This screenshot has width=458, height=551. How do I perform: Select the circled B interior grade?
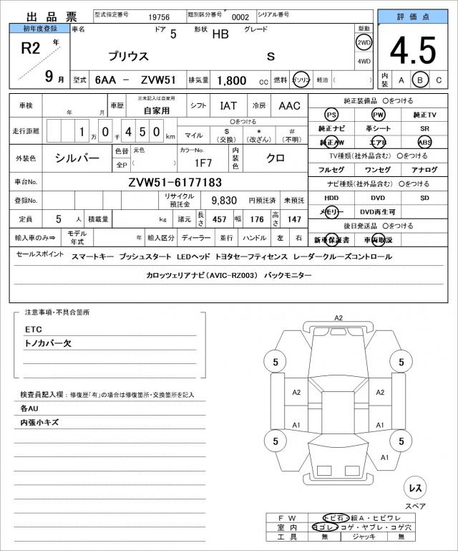(x=421, y=80)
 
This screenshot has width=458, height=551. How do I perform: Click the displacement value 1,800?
(x=231, y=81)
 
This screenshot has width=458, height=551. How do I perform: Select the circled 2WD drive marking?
(x=364, y=42)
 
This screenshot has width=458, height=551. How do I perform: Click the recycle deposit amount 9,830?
(x=224, y=200)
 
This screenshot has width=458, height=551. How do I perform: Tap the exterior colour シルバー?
(x=77, y=158)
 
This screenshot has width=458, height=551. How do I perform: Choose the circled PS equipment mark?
(x=331, y=115)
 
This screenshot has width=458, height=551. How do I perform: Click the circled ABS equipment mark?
(x=425, y=143)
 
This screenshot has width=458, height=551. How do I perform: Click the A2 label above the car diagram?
(x=338, y=317)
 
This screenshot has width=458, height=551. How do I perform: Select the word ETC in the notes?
(x=34, y=330)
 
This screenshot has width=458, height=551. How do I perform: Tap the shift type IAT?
(x=228, y=105)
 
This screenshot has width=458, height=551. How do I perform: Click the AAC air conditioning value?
(x=289, y=105)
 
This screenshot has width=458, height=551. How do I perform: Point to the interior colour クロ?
(x=275, y=158)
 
